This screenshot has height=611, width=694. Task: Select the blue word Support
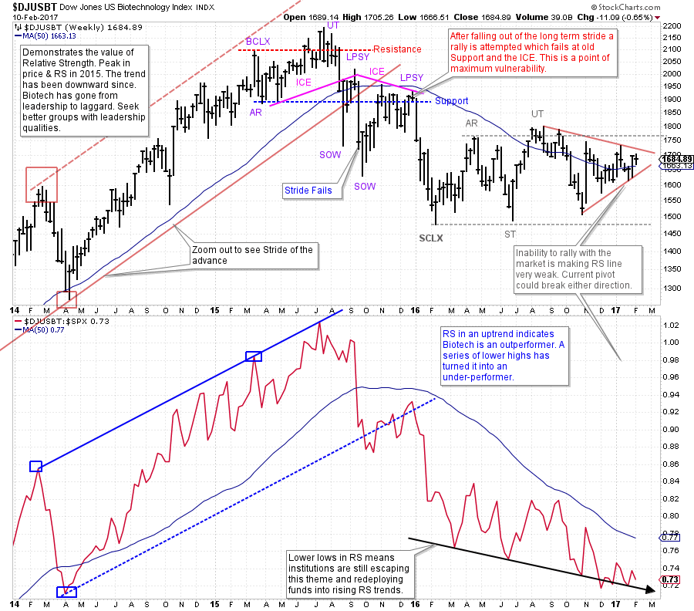[451, 101]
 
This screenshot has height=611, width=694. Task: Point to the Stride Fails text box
[308, 188]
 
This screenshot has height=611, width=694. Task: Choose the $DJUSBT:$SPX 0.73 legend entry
[57, 320]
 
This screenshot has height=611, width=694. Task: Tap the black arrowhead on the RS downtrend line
[652, 591]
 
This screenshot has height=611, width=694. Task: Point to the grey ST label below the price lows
[510, 233]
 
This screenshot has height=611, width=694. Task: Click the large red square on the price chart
[42, 184]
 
